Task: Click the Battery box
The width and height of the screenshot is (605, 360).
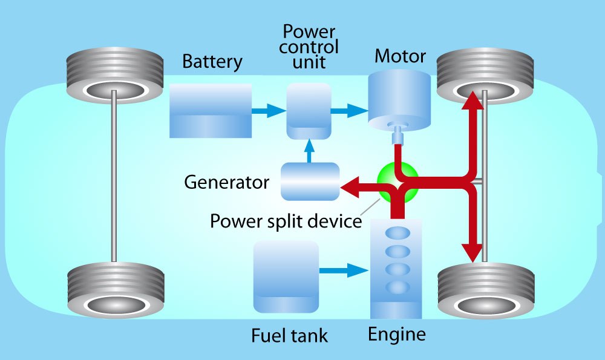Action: (210, 111)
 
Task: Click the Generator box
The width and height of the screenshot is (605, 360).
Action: (310, 182)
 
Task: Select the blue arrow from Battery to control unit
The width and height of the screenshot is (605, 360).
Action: (269, 111)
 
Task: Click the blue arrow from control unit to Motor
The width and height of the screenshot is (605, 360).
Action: (350, 111)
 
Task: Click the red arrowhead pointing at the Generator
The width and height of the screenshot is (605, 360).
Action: (350, 189)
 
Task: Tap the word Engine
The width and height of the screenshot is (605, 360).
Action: (396, 334)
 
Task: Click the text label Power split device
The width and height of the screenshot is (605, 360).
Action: (286, 221)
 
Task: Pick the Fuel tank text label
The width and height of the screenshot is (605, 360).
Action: (290, 336)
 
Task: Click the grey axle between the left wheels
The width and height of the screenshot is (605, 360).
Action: (114, 182)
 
